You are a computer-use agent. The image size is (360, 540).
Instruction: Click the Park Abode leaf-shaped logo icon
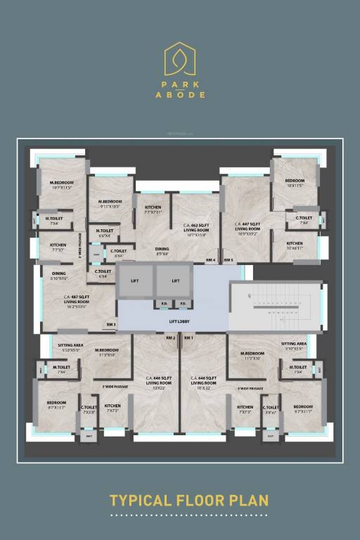click(x=179, y=59)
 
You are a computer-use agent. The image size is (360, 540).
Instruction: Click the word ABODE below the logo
click(x=180, y=94)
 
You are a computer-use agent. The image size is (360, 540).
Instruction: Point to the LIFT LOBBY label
click(x=179, y=321)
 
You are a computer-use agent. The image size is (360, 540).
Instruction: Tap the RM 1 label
click(x=188, y=338)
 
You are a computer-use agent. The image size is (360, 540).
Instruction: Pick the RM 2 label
click(x=170, y=338)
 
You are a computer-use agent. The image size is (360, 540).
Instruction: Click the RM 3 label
click(x=111, y=324)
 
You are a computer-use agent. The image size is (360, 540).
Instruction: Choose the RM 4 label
click(x=210, y=260)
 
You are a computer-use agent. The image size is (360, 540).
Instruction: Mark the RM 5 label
click(x=228, y=260)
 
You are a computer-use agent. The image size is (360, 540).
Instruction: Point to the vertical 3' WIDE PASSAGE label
click(x=81, y=247)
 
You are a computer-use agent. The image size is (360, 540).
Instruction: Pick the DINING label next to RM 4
click(x=162, y=251)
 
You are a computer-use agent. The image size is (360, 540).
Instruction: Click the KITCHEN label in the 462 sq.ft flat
click(x=153, y=209)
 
